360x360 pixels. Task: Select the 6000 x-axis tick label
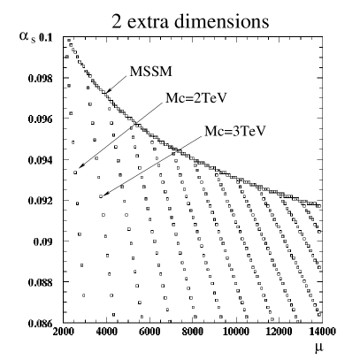pos(149,333)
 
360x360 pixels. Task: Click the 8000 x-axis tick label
pos(192,333)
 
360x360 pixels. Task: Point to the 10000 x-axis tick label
pos(235,333)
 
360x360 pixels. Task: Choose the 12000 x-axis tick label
pos(278,333)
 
